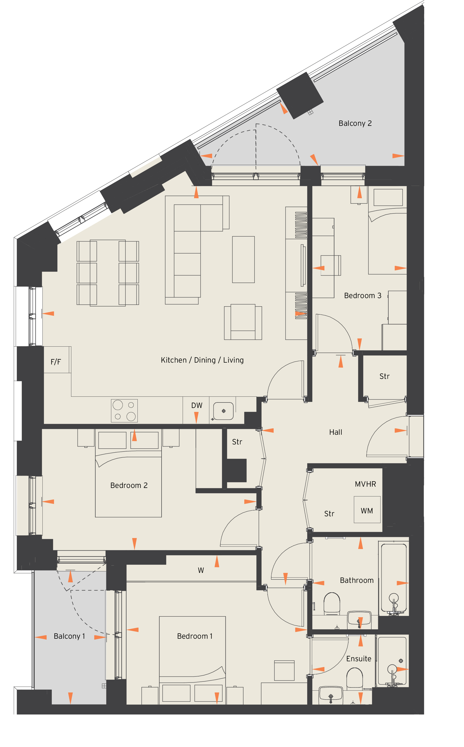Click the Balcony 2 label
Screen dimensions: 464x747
[x=355, y=123]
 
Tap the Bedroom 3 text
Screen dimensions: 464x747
[x=363, y=295]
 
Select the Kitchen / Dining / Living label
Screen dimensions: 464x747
[x=202, y=360]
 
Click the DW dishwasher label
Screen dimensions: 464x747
[x=197, y=406]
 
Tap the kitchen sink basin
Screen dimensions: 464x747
[x=223, y=411]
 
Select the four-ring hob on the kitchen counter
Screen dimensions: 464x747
[x=124, y=411]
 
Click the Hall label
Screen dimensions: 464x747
[x=336, y=432]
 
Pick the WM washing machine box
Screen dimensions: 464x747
[x=367, y=509]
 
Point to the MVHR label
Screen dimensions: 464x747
[x=366, y=484]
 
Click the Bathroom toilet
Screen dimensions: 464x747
[x=332, y=604]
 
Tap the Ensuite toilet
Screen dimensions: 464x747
[x=355, y=679]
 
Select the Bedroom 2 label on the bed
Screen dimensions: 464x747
[x=129, y=486]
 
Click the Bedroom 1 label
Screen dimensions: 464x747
[x=195, y=636]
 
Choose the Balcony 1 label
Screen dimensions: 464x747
[x=69, y=636]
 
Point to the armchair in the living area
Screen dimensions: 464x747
[x=243, y=322]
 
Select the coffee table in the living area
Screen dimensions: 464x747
[x=243, y=259]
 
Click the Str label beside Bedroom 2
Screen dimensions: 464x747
[x=237, y=442]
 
